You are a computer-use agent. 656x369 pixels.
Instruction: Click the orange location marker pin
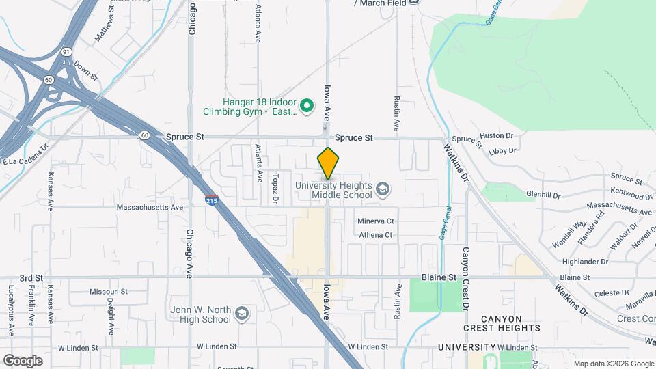pyautogui.click(x=328, y=164)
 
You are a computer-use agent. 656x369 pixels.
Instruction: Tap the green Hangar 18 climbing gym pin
pyautogui.click(x=307, y=105)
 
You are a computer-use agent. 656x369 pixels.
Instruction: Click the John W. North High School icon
pyautogui.click(x=241, y=314)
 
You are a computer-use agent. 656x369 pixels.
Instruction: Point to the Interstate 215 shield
pyautogui.click(x=211, y=199)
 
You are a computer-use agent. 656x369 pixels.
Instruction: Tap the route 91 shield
pyautogui.click(x=66, y=52)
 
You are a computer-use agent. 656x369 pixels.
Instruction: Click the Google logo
pyautogui.click(x=23, y=360)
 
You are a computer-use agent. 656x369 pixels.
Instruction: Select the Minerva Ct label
pyautogui.click(x=376, y=221)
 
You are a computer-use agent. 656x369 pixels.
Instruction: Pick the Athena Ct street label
pyautogui.click(x=376, y=235)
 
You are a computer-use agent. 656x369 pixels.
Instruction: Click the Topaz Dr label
pyautogui.click(x=275, y=187)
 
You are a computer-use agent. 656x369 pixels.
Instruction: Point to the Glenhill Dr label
pyautogui.click(x=543, y=194)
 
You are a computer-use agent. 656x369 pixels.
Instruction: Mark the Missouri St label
pyautogui.click(x=108, y=292)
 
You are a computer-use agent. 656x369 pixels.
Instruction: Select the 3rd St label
pyautogui.click(x=31, y=278)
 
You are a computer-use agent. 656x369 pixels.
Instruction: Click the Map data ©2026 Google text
pyautogui.click(x=613, y=364)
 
